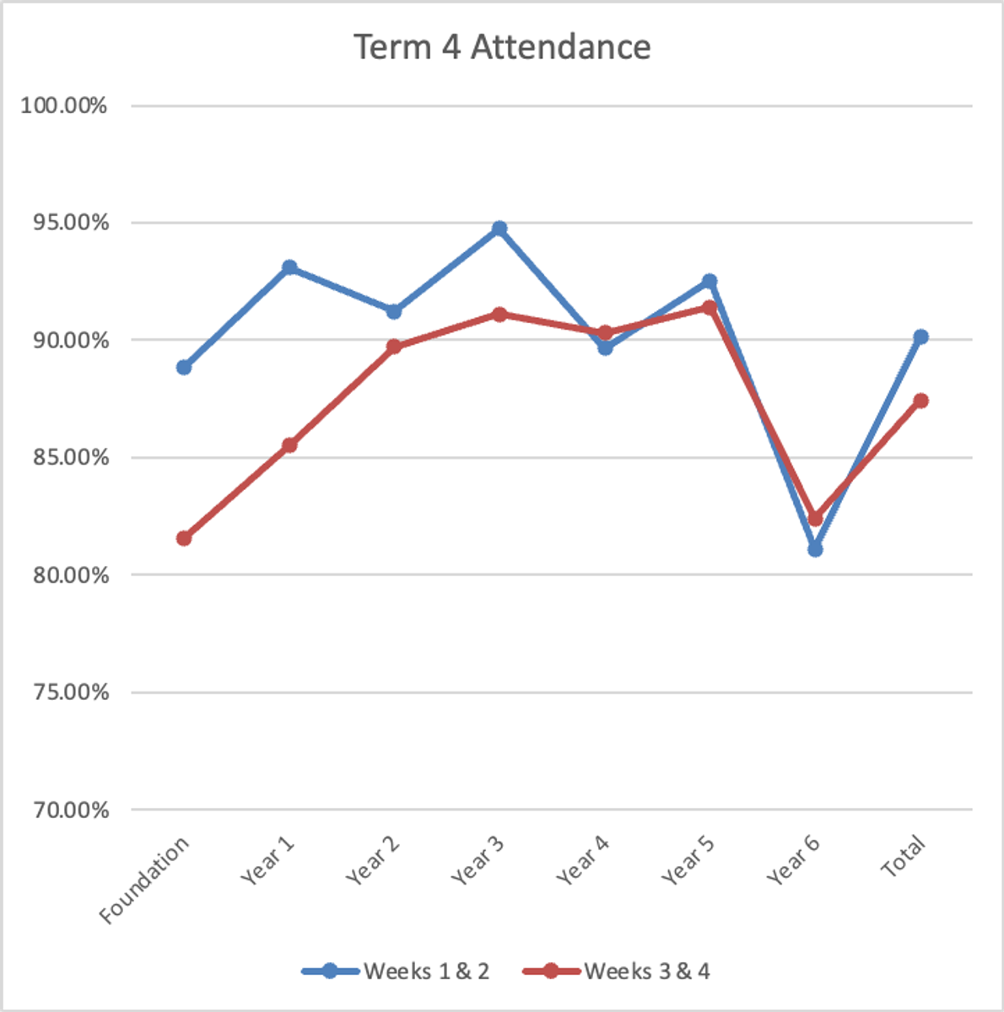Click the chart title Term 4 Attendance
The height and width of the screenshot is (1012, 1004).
point(502,47)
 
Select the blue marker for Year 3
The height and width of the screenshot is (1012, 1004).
point(499,229)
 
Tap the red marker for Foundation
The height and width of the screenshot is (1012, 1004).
point(184,538)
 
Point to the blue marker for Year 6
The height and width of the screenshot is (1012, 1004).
point(815,549)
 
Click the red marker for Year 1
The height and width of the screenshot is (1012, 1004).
point(289,444)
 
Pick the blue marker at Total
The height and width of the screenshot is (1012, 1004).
point(920,336)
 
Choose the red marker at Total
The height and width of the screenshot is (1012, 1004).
point(920,401)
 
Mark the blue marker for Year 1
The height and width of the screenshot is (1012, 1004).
point(289,267)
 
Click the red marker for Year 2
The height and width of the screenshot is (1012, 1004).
point(394,346)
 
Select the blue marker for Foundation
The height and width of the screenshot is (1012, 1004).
point(184,367)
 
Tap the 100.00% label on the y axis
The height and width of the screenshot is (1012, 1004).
point(64,106)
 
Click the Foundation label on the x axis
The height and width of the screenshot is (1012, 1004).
point(145,880)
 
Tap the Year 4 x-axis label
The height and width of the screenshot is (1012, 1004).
point(583,860)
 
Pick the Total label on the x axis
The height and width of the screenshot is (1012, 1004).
point(904,856)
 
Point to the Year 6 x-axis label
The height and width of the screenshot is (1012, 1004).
point(793,860)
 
